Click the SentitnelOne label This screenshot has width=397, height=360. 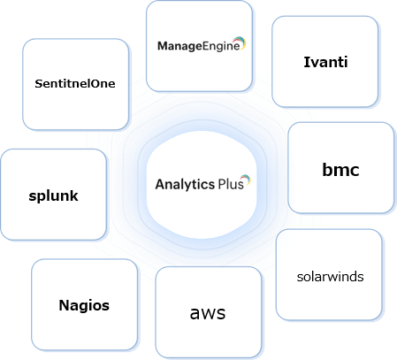click(x=75, y=83)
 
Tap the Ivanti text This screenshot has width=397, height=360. click(x=324, y=62)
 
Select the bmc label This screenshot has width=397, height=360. click(x=340, y=169)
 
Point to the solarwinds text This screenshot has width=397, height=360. click(x=329, y=276)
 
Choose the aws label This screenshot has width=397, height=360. click(x=208, y=312)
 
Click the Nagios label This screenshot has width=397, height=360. click(x=84, y=305)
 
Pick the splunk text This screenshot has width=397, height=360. click(x=53, y=195)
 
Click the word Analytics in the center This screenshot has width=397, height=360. click(x=185, y=185)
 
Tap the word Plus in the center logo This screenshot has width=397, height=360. click(x=230, y=185)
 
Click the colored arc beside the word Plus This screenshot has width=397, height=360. click(x=247, y=180)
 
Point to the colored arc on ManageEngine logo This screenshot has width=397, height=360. click(x=240, y=41)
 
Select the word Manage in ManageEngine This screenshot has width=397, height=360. click(x=176, y=46)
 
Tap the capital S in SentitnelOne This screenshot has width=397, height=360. click(x=38, y=83)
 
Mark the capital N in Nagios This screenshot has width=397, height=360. click(x=64, y=305)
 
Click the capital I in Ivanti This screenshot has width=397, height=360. click(x=304, y=62)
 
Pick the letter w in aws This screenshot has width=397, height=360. click(x=209, y=313)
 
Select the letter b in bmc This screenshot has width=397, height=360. click(x=326, y=169)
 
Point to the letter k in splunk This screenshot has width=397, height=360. click(x=74, y=195)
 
